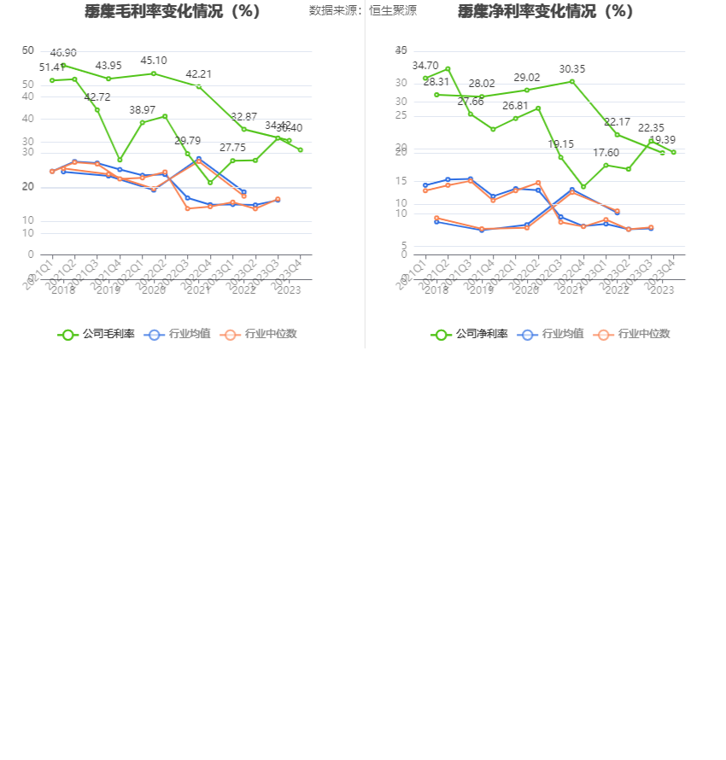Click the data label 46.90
tap(63, 53)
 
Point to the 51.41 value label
tap(52, 67)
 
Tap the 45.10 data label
tap(154, 61)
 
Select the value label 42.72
tap(97, 97)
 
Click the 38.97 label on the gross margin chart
tap(143, 110)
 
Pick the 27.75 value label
tap(232, 148)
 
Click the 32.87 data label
tap(244, 117)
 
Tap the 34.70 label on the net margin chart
tap(425, 66)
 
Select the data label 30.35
tap(572, 69)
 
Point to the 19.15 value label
tap(561, 144)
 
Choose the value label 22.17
tap(617, 122)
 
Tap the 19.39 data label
tap(662, 140)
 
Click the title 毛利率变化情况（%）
tap(173, 11)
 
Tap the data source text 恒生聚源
tap(393, 11)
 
